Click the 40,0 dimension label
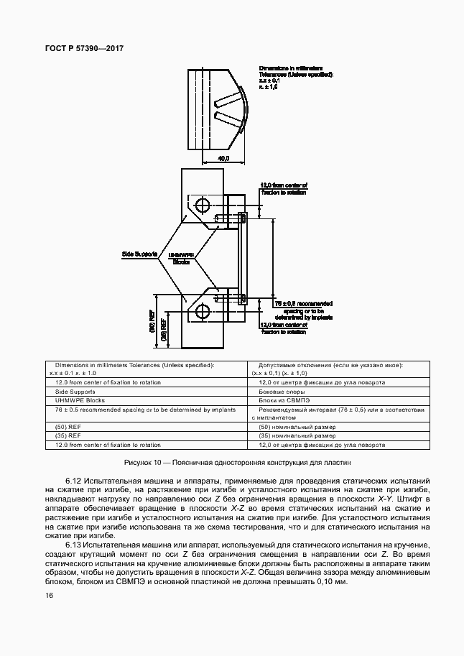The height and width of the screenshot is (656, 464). [x=223, y=157]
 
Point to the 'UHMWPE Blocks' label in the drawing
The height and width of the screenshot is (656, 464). [x=180, y=258]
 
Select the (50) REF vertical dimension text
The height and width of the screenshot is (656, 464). [x=152, y=320]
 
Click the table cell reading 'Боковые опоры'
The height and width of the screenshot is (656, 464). [x=279, y=392]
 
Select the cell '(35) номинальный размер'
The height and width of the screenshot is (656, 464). [x=297, y=435]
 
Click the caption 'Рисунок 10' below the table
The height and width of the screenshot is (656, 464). [x=147, y=463]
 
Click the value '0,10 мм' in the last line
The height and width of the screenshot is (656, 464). [x=330, y=581]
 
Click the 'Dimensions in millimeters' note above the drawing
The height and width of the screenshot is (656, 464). [x=294, y=68]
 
